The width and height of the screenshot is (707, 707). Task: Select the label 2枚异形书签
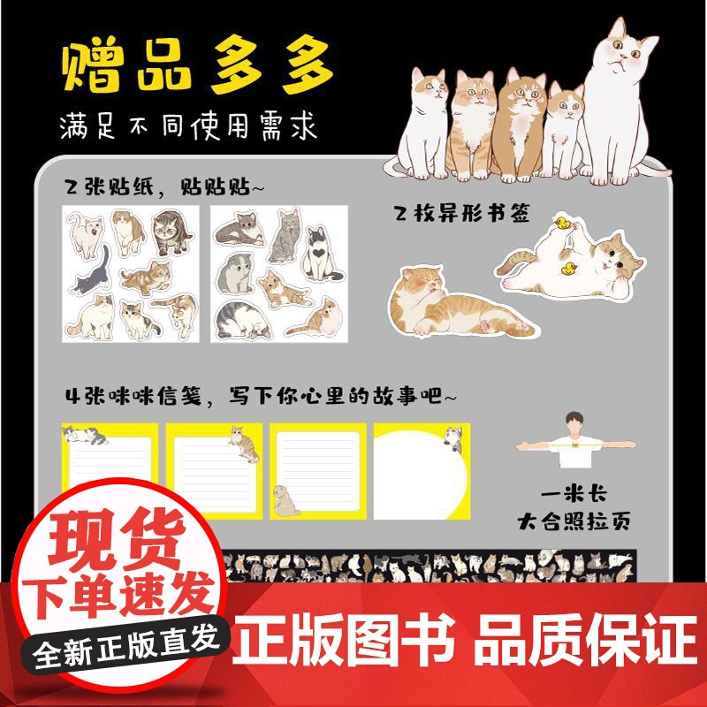462,213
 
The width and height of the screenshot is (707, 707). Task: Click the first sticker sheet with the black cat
132,274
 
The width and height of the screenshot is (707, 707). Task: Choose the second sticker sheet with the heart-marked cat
278,274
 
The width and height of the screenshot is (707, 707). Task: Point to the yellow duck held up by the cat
559,223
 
